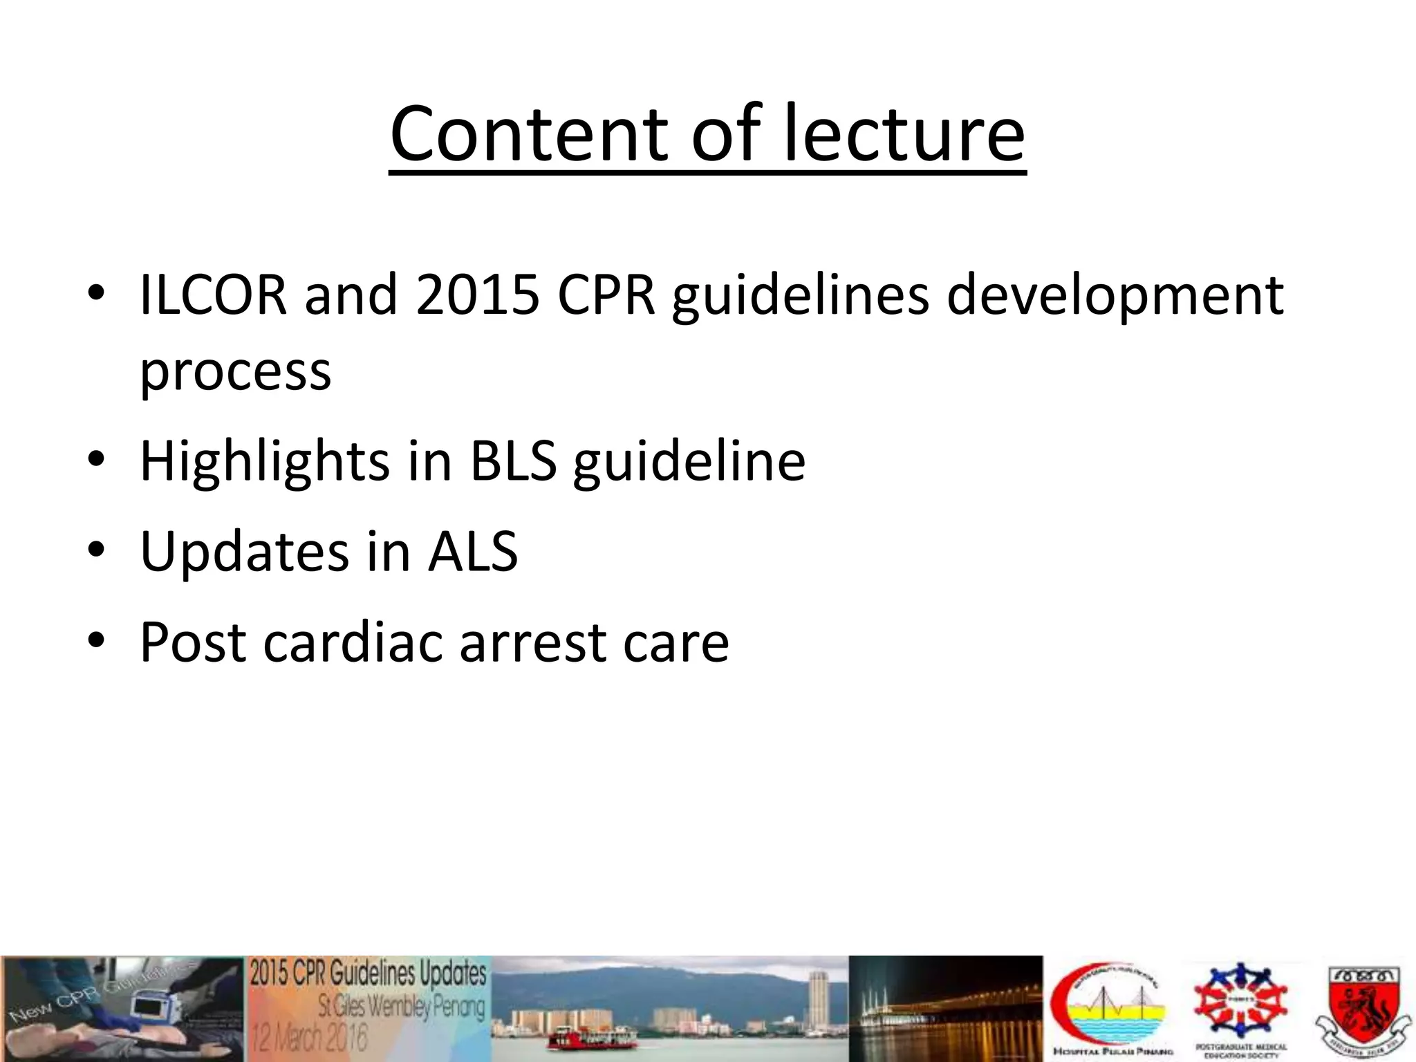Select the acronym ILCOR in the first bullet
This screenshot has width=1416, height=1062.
pyautogui.click(x=213, y=295)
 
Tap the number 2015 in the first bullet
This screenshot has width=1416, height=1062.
pyautogui.click(x=478, y=295)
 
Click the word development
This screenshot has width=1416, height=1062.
pyautogui.click(x=1115, y=295)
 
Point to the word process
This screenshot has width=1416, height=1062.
pyautogui.click(x=235, y=371)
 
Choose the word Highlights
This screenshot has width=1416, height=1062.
pyautogui.click(x=264, y=461)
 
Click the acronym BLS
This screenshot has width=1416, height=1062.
pyautogui.click(x=513, y=461)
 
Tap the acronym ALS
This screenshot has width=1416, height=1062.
pyautogui.click(x=473, y=551)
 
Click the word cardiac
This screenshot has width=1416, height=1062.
pyautogui.click(x=353, y=642)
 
